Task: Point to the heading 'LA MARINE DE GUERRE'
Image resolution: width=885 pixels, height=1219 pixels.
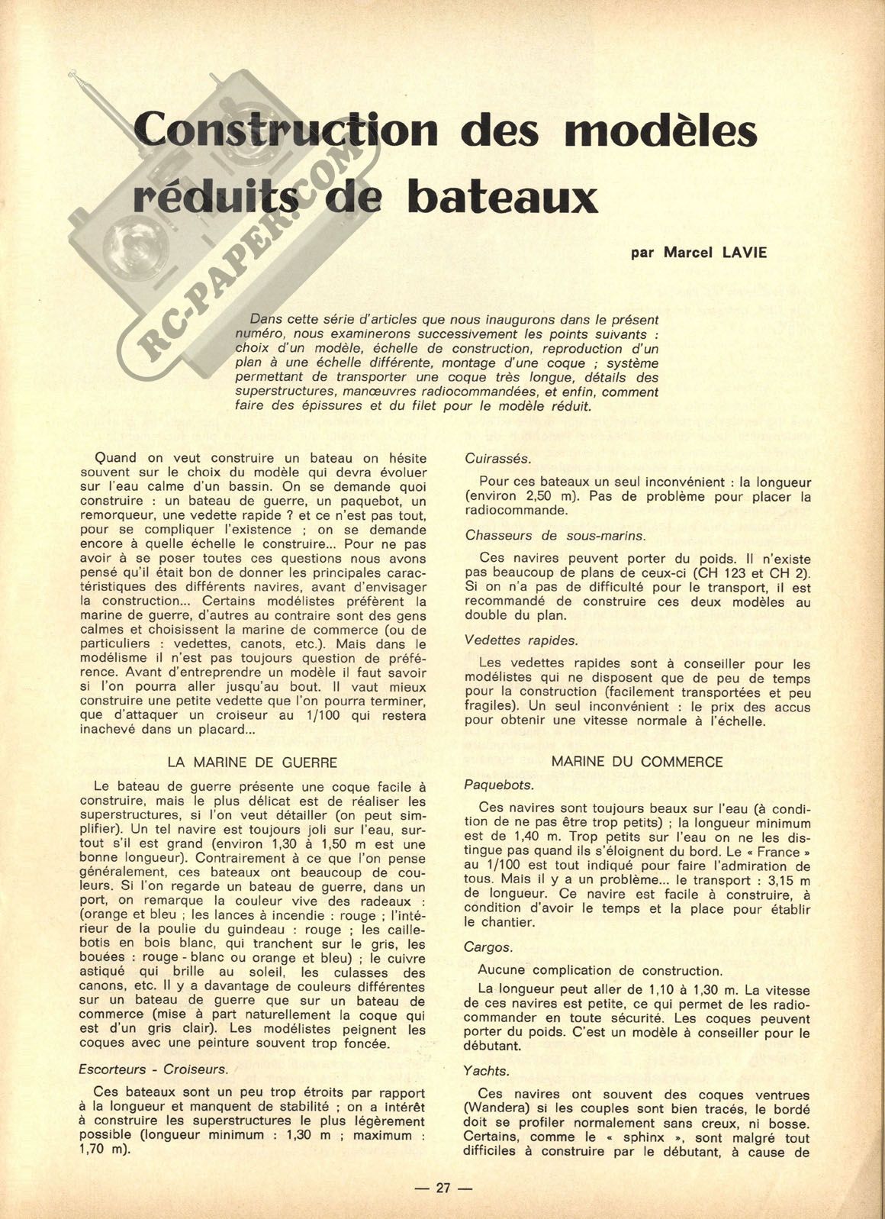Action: tap(252, 762)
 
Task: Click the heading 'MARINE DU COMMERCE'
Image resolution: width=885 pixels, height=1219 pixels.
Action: tap(636, 762)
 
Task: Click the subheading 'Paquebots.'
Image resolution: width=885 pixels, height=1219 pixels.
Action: tap(499, 784)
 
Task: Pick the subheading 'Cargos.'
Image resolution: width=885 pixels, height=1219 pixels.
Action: tap(488, 946)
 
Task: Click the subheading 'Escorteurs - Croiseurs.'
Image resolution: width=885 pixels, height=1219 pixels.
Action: tap(153, 1069)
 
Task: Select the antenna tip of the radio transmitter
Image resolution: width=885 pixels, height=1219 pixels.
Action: tap(73, 75)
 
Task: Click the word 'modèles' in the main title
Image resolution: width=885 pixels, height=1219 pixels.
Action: tap(661, 130)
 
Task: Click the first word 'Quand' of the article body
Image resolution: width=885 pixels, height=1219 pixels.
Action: tap(114, 458)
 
